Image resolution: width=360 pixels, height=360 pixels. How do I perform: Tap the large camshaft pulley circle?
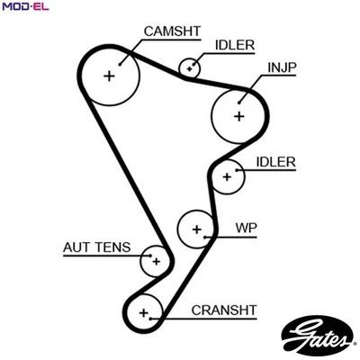[x=110, y=76]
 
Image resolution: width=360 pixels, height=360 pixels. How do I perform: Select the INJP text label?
[x=283, y=67]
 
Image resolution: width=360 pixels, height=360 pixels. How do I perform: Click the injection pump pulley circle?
[x=238, y=114]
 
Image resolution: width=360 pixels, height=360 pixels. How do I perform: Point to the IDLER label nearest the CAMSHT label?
[x=234, y=44]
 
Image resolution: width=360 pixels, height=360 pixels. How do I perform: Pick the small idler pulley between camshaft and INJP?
[x=190, y=67]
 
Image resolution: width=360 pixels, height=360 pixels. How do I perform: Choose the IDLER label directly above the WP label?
[x=276, y=161]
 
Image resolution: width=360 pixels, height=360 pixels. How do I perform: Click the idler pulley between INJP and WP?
[x=228, y=176]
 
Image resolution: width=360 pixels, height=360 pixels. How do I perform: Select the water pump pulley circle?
[x=196, y=229]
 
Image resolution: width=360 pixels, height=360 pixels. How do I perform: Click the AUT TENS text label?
[x=96, y=247]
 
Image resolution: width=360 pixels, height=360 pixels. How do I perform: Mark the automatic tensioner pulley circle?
[x=156, y=262]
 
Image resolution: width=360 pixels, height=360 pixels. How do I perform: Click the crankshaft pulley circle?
[x=143, y=312]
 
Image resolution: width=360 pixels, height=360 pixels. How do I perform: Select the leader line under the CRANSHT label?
[x=207, y=319]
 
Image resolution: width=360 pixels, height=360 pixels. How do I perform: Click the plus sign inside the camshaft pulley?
[x=110, y=76]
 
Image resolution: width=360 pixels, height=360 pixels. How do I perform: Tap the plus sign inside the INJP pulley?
[x=238, y=115]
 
